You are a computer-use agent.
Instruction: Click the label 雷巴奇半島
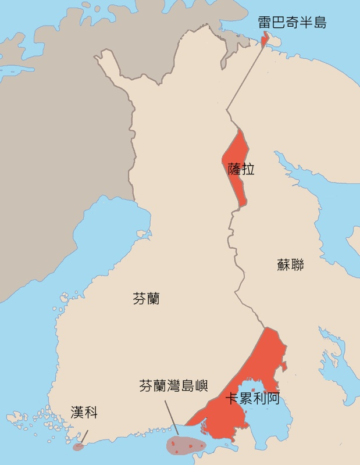(292, 23)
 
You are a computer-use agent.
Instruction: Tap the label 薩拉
(241, 169)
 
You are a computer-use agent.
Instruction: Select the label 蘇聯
(290, 265)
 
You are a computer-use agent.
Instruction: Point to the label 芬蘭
(146, 299)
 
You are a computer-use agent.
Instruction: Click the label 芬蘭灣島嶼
(173, 385)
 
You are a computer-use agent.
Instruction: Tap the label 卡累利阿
(252, 399)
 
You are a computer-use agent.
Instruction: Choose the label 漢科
(84, 413)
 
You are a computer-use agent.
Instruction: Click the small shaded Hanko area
(78, 447)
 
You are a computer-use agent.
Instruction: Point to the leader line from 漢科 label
(84, 437)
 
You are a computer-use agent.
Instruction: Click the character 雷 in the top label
(265, 23)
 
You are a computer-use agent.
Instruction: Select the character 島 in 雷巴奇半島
(319, 23)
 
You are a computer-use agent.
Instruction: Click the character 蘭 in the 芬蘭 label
(153, 299)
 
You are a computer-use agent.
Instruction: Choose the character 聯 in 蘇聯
(297, 265)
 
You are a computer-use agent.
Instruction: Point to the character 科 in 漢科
(91, 413)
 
